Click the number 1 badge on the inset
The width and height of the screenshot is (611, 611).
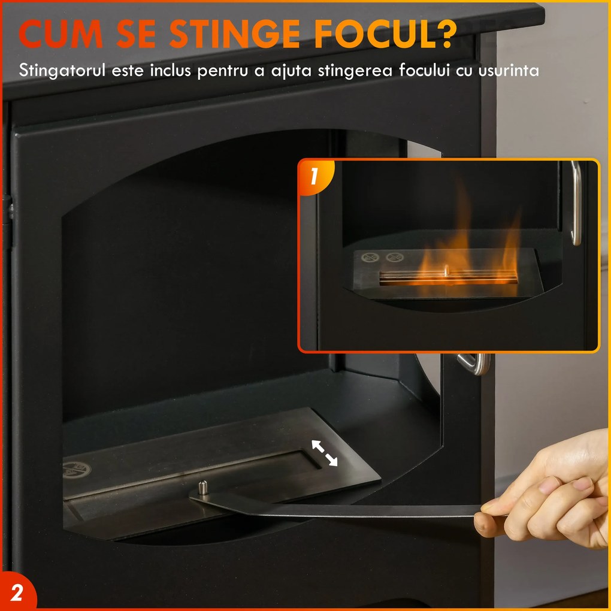point(313,177)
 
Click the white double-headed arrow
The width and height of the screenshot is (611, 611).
point(323,452)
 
